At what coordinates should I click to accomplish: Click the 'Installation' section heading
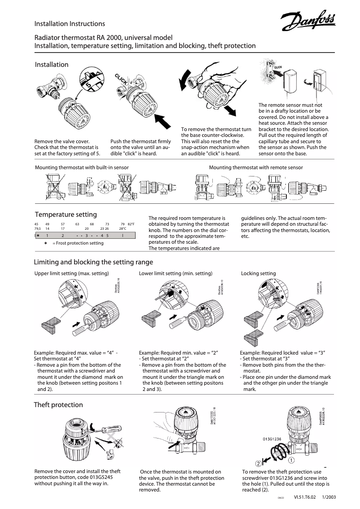pos(52,65)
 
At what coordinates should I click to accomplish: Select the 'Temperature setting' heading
pos(66,215)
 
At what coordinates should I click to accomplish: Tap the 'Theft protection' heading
pos(59,405)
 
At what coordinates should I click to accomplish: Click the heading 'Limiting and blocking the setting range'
pos(94,262)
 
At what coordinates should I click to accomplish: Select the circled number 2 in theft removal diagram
pos(259,463)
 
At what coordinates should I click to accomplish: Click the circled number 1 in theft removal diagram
pos(291,460)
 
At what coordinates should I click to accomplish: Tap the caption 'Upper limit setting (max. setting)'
pos(72,273)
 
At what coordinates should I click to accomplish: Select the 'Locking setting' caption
pos(259,273)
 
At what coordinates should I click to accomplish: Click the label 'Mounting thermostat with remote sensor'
pos(256,167)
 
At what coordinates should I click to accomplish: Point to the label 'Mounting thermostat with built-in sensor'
pos(82,167)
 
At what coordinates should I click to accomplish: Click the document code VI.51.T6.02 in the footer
pos(305,497)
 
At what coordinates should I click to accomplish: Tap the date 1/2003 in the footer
pos(329,497)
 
